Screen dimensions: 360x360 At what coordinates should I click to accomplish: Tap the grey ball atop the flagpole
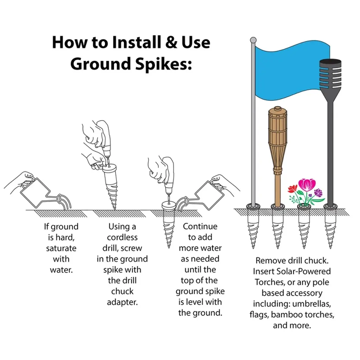click(253, 40)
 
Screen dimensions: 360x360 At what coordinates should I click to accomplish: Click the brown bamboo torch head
click(278, 140)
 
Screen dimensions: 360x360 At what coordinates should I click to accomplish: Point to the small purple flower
click(318, 192)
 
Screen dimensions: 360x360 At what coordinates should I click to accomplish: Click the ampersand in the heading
click(171, 43)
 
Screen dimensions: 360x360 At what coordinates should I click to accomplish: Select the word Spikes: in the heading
click(163, 64)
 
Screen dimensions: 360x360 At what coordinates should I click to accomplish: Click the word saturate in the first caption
click(61, 248)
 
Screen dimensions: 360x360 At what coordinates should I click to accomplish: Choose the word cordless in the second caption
click(122, 237)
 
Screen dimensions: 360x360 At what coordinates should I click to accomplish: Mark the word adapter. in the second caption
click(122, 302)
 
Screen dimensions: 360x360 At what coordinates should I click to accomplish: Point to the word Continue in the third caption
click(200, 226)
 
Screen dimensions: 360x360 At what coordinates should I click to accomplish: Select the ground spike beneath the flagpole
click(253, 226)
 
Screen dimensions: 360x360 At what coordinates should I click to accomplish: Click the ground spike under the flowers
click(304, 226)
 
